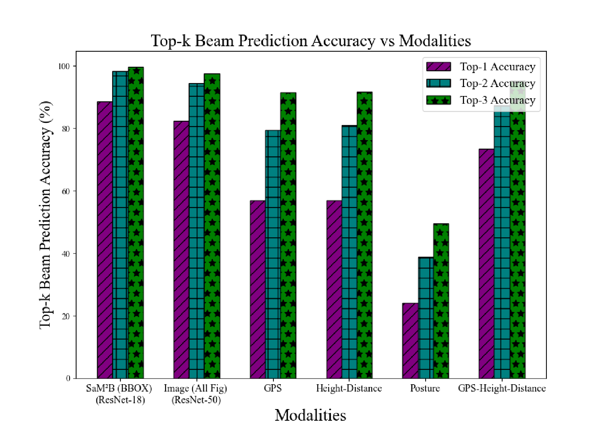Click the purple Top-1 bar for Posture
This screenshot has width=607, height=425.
click(410, 341)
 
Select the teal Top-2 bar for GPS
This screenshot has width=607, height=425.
click(273, 254)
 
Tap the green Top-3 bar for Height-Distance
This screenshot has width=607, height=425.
click(364, 235)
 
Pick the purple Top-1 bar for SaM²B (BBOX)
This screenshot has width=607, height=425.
click(105, 240)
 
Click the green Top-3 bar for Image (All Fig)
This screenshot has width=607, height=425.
click(212, 226)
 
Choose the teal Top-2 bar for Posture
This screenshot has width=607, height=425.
click(426, 318)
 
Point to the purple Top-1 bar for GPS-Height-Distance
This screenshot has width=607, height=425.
click(486, 264)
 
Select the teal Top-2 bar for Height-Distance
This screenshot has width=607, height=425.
click(349, 252)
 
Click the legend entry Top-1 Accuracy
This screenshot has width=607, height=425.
click(497, 67)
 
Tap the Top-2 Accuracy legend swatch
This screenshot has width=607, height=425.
click(438, 83)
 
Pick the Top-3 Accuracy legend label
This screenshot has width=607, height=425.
click(497, 100)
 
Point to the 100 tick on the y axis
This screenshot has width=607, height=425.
click(64, 66)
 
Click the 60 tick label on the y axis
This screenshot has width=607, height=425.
click(66, 191)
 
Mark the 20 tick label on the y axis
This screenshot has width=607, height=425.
click(66, 316)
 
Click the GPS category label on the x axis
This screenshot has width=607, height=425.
click(273, 388)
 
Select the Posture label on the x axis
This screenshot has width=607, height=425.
click(425, 388)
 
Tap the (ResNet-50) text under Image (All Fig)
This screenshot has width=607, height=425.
click(196, 400)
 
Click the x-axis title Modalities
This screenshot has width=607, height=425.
click(310, 415)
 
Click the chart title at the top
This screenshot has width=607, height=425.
click(311, 41)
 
